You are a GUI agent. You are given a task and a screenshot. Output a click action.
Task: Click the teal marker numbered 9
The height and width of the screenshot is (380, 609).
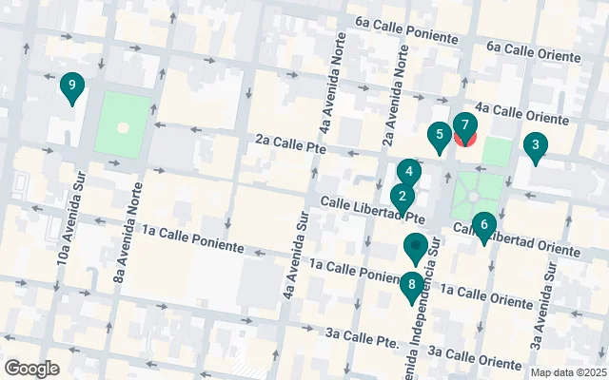tap(71, 86)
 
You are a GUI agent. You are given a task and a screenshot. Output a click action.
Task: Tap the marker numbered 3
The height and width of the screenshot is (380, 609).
tap(536, 147)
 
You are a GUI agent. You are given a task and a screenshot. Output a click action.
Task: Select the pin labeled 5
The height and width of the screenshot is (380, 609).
tap(439, 137)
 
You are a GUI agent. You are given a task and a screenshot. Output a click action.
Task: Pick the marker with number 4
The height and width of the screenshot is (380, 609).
tap(409, 173)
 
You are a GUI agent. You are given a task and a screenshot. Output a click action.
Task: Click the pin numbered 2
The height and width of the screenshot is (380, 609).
tap(403, 199)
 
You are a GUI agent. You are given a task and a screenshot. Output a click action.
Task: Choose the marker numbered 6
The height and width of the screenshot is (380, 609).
tap(484, 226)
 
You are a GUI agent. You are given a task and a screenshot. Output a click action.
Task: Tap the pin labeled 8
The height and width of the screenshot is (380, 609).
tap(412, 285)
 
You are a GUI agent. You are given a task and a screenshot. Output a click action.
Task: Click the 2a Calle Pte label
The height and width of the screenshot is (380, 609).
tap(290, 146)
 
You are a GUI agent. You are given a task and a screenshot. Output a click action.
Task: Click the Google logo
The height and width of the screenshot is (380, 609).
tap(31, 369)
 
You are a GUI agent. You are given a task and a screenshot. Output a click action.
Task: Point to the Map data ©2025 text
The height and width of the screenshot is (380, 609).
tap(568, 372)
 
